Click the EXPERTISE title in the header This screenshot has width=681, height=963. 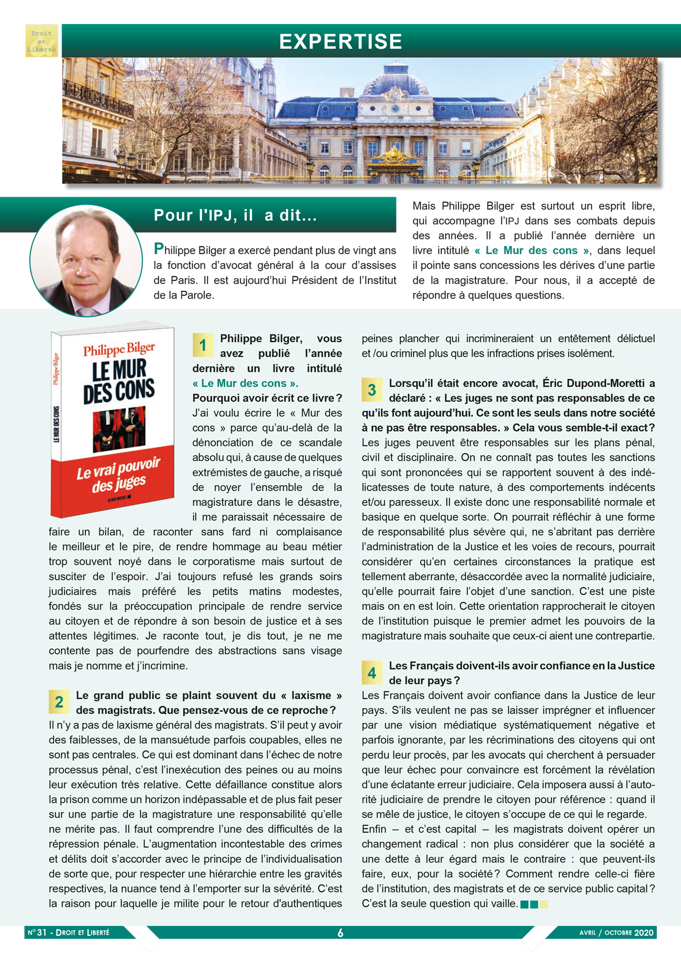tap(340, 42)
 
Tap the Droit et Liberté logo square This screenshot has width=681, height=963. tap(42, 41)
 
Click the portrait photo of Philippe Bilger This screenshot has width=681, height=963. tap(86, 261)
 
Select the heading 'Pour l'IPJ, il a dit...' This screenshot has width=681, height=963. tap(235, 215)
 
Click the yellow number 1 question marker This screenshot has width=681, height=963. tap(203, 345)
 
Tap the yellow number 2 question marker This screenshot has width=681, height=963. tap(59, 702)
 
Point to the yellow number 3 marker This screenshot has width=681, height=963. tap(372, 390)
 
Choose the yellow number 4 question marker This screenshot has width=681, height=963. tap(372, 672)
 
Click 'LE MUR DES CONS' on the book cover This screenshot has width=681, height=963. tap(119, 381)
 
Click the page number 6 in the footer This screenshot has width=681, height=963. tap(340, 933)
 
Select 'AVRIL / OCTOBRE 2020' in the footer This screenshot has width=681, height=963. tap(616, 933)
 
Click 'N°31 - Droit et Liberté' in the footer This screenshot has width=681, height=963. tap(68, 933)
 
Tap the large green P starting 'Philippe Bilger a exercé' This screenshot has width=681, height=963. tap(158, 249)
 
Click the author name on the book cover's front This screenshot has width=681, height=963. tap(119, 349)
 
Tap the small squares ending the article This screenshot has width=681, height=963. tap(534, 904)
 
